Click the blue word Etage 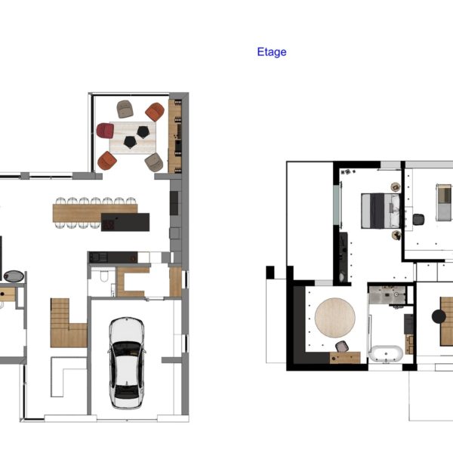point(272,52)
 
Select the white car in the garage point(127,363)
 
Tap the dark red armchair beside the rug point(105,131)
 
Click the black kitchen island point(125,222)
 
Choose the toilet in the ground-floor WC point(104,276)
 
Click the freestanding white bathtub point(386,353)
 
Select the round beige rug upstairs point(334,318)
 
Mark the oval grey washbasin point(14,276)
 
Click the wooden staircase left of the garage point(69,323)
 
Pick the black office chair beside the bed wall point(418,219)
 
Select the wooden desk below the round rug point(345,357)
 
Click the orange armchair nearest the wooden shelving point(155,112)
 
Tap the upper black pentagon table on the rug point(143,131)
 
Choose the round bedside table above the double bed point(396,187)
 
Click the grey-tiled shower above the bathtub point(387,295)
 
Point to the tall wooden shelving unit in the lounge point(175,137)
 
